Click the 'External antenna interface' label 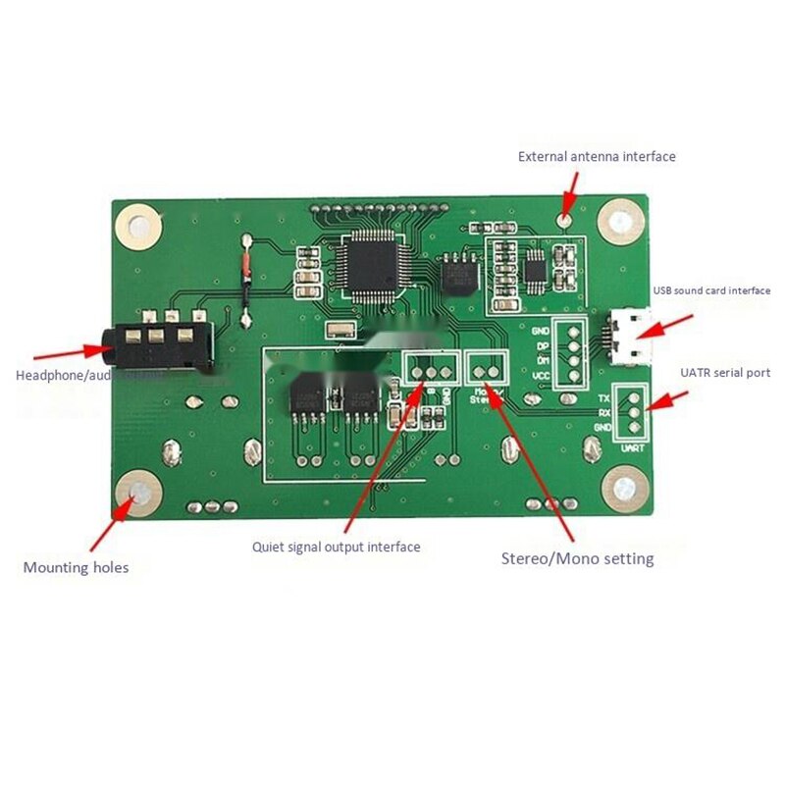(x=597, y=156)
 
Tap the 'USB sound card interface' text (x=711, y=290)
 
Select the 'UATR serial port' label (x=725, y=373)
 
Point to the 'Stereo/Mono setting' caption (x=577, y=558)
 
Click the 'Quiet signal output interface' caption (x=336, y=547)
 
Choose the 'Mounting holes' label (x=76, y=567)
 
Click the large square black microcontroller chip (x=371, y=266)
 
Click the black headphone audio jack (x=162, y=343)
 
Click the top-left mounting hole (x=137, y=226)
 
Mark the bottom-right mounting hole (x=623, y=487)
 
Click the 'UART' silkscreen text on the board (x=632, y=446)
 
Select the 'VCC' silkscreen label (x=541, y=375)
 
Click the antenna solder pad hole (x=565, y=218)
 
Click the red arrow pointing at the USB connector (x=673, y=325)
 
